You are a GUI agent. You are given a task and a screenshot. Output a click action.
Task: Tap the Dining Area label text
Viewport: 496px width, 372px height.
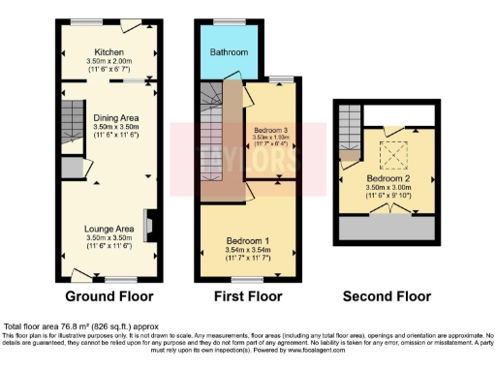click(110, 118)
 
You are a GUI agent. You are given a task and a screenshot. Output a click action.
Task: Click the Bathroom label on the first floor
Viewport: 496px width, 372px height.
click(230, 51)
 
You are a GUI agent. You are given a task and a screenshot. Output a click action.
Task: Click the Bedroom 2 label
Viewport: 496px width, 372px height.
click(387, 179)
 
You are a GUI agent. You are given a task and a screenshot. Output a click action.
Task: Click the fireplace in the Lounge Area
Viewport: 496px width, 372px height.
click(147, 224)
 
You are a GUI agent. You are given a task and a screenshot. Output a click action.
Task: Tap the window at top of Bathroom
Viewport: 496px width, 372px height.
click(230, 20)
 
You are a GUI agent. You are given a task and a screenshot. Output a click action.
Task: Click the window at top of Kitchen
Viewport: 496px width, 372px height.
click(93, 21)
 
